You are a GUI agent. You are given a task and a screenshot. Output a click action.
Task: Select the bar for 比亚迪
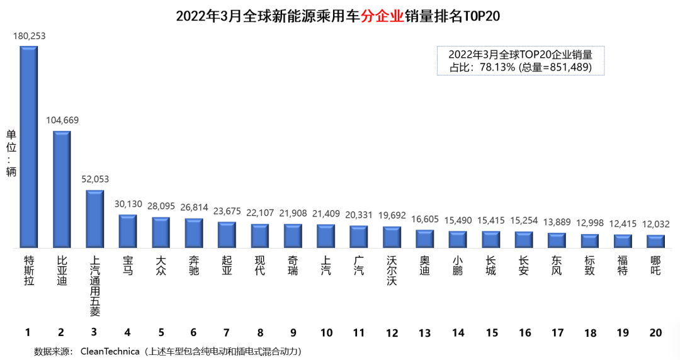point(62,189)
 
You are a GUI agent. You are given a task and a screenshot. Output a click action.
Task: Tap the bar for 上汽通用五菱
point(94,218)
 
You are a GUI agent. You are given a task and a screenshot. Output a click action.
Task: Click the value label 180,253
point(29,36)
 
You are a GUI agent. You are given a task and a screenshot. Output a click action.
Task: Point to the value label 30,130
point(128,204)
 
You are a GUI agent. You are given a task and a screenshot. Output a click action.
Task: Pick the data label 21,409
point(326,214)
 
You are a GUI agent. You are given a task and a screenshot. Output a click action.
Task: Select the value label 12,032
point(655,224)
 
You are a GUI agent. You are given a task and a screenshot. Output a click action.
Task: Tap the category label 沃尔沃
point(392,271)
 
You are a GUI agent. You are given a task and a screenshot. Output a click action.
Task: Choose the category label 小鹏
point(458,265)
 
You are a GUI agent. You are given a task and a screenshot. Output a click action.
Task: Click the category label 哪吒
point(655,265)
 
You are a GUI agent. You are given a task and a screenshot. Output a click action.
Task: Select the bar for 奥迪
point(424,239)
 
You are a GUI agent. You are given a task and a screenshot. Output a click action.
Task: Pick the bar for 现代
point(259,235)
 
